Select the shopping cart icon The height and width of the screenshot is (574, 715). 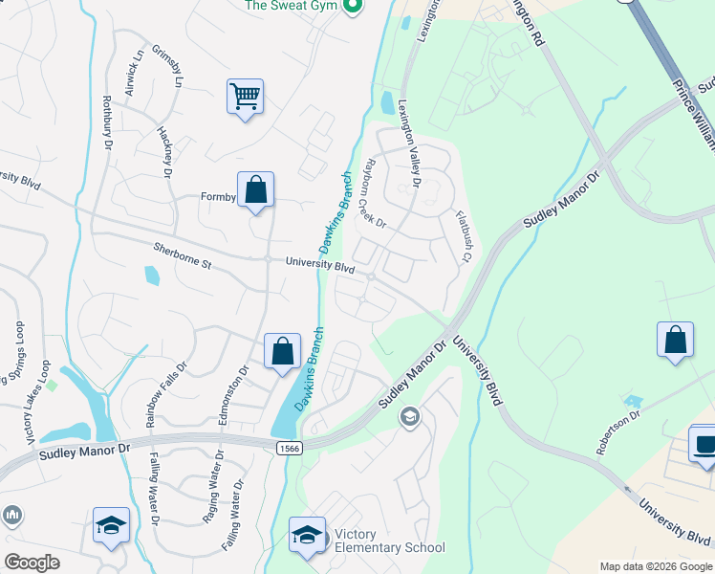[245, 96]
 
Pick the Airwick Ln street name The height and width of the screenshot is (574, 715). [137, 71]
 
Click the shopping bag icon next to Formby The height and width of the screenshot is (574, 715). [256, 189]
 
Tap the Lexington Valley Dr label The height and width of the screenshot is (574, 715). [409, 143]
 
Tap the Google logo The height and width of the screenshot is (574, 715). [32, 563]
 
